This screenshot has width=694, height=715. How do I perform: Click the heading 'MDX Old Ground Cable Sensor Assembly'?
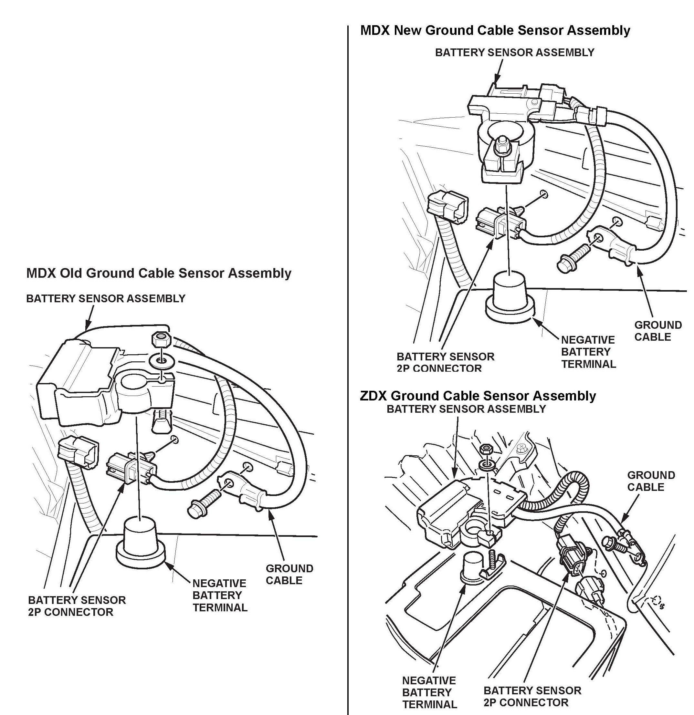tap(159, 273)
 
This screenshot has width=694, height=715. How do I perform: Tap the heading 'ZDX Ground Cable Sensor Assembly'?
tap(478, 396)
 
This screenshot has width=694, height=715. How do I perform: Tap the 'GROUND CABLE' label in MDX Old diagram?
tap(289, 575)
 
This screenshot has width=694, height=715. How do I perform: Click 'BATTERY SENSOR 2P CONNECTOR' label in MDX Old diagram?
tap(77, 606)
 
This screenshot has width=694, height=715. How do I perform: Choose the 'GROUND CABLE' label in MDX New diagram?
tap(657, 331)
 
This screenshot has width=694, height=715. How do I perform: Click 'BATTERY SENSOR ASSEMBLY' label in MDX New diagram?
tap(514, 53)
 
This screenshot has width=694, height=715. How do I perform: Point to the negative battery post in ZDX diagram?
tap(473, 565)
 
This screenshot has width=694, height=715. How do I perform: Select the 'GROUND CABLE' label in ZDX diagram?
tap(651, 481)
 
